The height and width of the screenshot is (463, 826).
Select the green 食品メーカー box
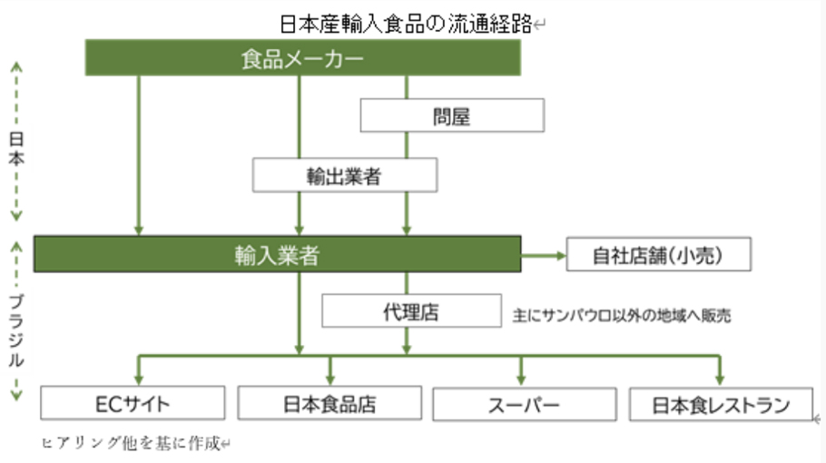(x=303, y=59)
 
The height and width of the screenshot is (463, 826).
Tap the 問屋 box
(x=452, y=116)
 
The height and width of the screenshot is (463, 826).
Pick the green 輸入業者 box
(x=277, y=255)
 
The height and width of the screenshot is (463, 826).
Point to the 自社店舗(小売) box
(x=659, y=255)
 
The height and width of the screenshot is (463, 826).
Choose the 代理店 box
(x=411, y=312)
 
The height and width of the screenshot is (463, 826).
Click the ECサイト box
(x=133, y=403)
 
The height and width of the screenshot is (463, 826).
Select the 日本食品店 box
(x=329, y=403)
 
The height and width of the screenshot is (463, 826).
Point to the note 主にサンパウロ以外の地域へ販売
(x=622, y=317)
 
